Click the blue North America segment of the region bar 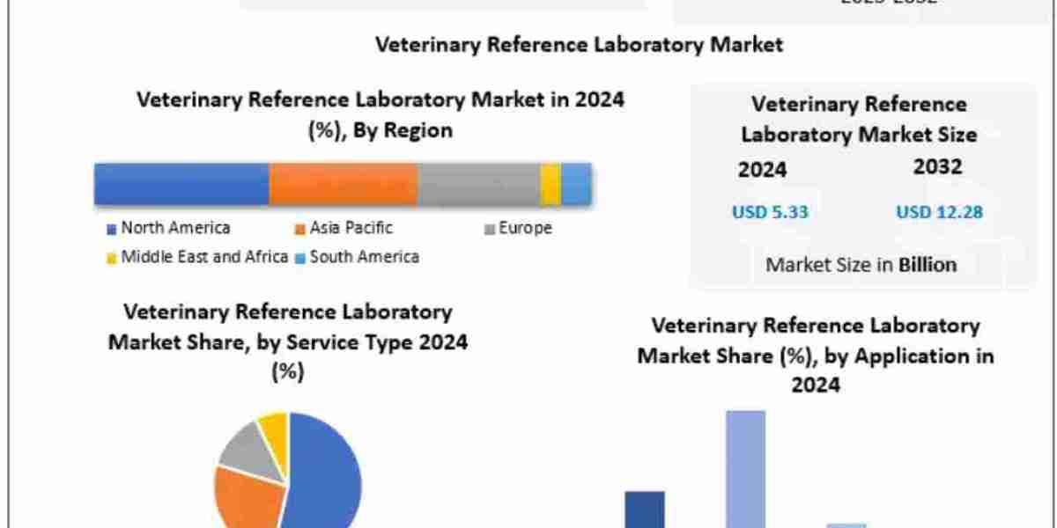[181, 185]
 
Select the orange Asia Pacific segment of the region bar [343, 185]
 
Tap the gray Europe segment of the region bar [478, 185]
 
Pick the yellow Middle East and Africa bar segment [551, 185]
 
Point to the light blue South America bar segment [576, 185]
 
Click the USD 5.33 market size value [770, 212]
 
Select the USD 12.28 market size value [939, 212]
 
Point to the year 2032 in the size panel [937, 166]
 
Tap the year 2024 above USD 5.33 [762, 170]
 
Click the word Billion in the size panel [927, 264]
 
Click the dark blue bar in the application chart [645, 510]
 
